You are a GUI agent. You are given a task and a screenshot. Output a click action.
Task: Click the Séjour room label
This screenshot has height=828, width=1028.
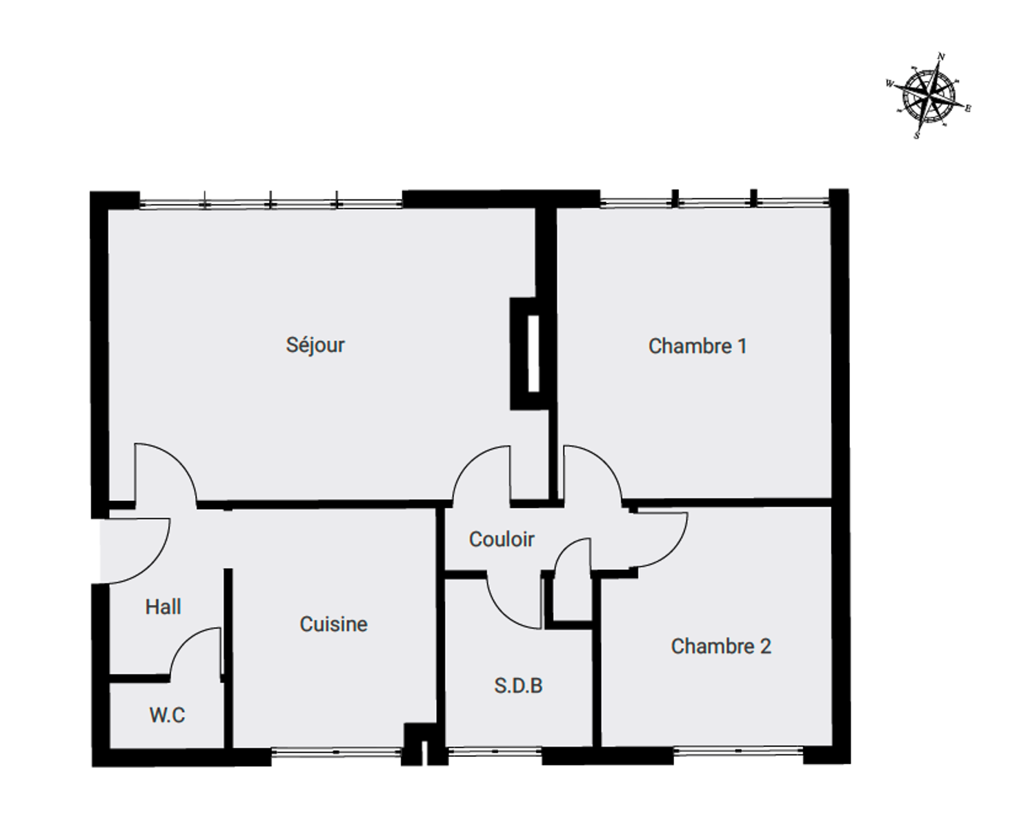(x=315, y=346)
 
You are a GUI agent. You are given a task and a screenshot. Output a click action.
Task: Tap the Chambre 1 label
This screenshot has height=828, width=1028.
(x=698, y=346)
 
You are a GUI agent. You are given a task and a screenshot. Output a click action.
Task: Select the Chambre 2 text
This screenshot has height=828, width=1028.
(x=721, y=647)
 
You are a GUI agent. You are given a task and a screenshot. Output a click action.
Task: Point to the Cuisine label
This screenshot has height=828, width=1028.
(x=333, y=624)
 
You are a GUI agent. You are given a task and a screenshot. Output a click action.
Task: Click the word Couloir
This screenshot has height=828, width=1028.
(x=502, y=540)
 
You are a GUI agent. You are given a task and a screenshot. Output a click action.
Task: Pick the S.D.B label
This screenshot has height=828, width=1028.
(x=518, y=686)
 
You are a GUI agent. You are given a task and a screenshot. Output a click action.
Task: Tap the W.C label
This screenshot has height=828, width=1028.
(x=167, y=716)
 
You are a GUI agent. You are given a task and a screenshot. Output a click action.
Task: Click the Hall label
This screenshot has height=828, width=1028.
(x=163, y=607)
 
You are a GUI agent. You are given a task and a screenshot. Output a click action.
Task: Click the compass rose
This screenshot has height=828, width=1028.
(x=929, y=95)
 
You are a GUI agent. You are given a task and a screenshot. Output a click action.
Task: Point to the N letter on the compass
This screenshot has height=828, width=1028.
(x=942, y=57)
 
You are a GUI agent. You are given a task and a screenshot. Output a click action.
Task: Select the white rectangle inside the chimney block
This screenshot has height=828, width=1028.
(x=533, y=353)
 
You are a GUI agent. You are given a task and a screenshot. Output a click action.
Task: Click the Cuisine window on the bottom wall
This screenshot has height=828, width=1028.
(x=336, y=752)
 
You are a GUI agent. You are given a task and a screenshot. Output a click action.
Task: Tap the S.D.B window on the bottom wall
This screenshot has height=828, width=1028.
(x=495, y=751)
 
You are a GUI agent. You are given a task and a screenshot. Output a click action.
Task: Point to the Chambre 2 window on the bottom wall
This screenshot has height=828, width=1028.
(x=738, y=751)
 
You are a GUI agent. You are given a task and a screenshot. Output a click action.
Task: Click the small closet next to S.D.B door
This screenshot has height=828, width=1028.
(x=572, y=600)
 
